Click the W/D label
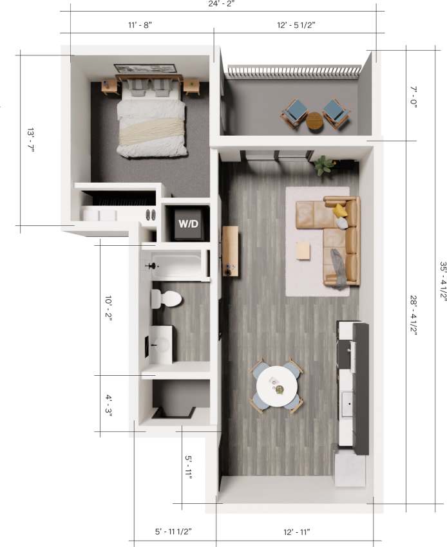188,225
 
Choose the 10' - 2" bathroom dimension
108,309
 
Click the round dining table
277,387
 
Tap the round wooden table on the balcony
315,120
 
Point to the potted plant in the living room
324,165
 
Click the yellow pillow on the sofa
340,210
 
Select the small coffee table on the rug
303,250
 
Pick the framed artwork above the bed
146,69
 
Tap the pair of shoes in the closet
151,216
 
